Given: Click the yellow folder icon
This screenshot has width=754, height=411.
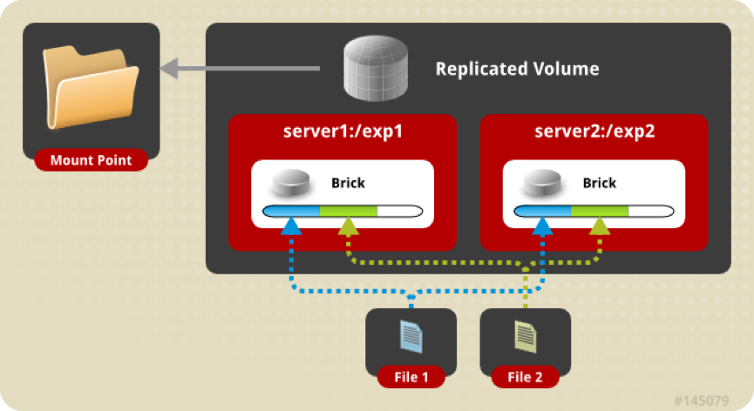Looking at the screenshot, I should tap(89, 88).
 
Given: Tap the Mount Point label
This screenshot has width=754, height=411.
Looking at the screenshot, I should tap(92, 160).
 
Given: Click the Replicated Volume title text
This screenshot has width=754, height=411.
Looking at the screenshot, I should tap(517, 68).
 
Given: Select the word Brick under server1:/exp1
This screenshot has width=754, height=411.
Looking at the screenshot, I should tap(348, 183).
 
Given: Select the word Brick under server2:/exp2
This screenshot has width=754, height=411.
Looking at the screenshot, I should tap(599, 183).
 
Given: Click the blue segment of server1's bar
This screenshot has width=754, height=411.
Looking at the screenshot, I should tap(293, 211).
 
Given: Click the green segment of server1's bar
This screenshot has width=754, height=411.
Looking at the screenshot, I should tap(348, 211).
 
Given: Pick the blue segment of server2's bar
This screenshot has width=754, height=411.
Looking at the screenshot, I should tap(543, 211).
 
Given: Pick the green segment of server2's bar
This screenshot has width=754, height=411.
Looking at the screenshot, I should tap(599, 211).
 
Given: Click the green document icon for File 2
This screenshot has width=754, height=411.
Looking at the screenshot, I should tap(525, 336).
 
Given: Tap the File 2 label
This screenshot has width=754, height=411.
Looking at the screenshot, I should tap(525, 377).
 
